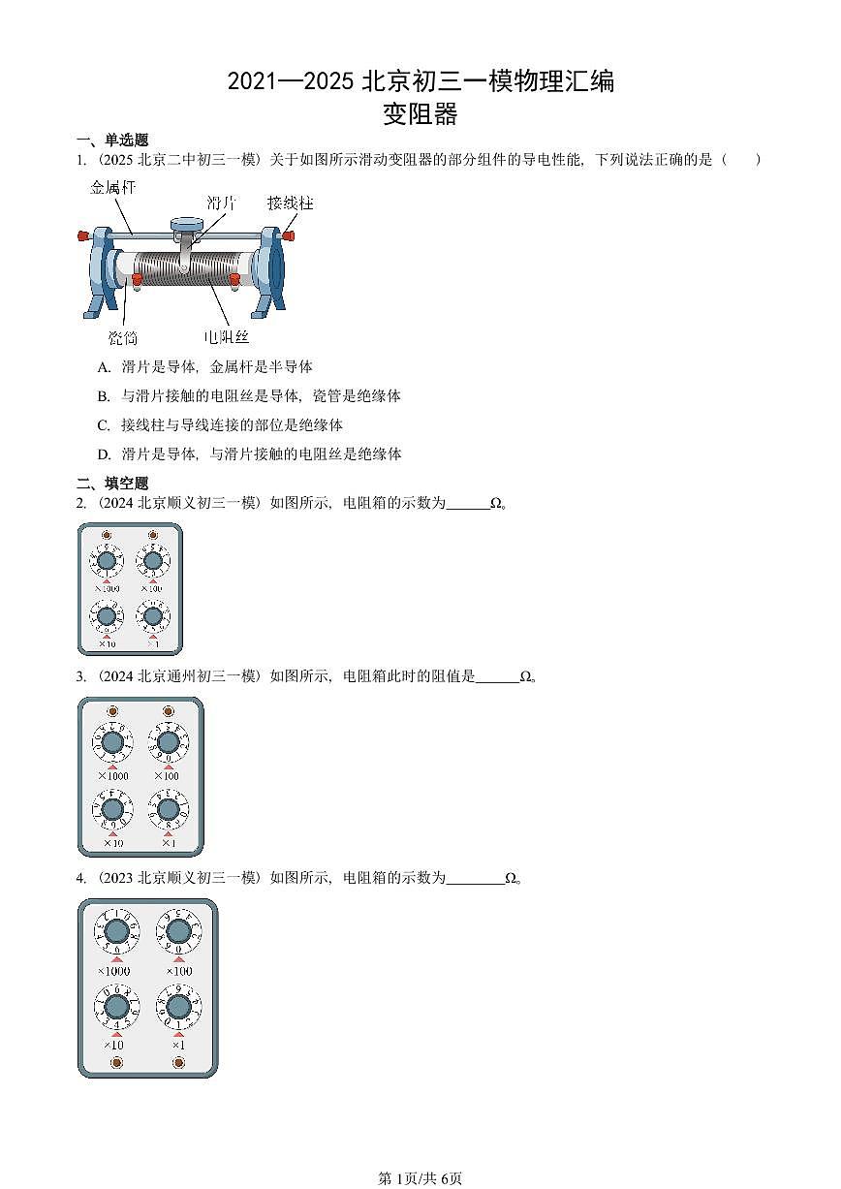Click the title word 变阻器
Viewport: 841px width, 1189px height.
420,114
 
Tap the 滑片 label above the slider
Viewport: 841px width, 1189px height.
222,203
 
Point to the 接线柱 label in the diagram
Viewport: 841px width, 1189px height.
290,203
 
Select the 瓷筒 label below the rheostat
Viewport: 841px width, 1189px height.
123,337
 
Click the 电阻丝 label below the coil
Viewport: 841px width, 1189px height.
227,337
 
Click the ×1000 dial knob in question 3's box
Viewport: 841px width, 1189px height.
112,743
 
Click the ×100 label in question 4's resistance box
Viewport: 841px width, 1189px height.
178,971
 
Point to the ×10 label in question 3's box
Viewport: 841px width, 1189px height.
112,843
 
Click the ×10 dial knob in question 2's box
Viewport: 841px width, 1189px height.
107,614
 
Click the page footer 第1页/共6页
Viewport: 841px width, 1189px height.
420,1178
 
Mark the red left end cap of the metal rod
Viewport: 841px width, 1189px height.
83,235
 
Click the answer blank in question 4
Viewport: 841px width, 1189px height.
476,879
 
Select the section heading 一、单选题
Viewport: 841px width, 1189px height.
112,141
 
